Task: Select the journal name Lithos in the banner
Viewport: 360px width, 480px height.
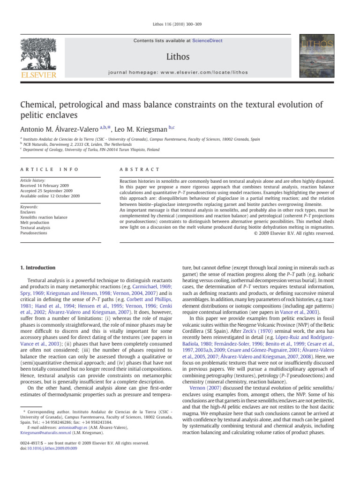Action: [180, 57]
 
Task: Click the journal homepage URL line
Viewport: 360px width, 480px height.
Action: [180, 72]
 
